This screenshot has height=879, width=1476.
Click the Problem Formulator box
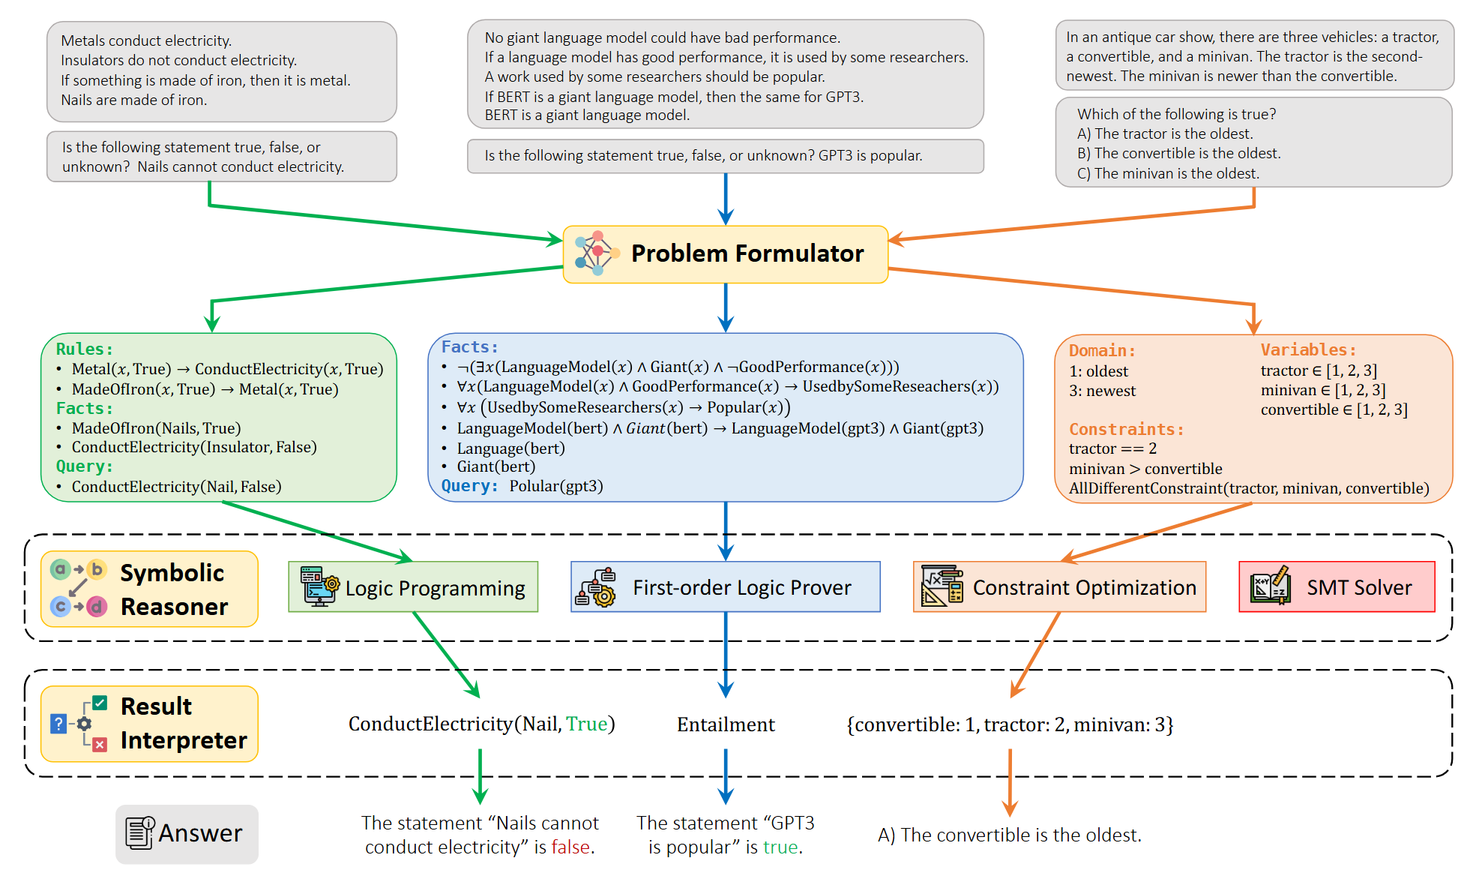tap(725, 254)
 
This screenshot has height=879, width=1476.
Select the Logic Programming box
tap(413, 587)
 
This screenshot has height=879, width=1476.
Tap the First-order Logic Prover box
tap(725, 587)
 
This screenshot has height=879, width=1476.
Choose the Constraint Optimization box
tap(1059, 587)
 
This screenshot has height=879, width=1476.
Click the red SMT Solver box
tap(1337, 587)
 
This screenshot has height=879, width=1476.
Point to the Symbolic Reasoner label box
tap(149, 589)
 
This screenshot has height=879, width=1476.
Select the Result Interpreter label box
tap(149, 724)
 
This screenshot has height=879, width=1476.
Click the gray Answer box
tap(187, 834)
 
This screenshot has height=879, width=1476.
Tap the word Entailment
tap(726, 724)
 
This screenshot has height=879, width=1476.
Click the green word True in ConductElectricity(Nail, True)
tap(586, 724)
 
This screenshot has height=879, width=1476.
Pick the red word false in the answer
tap(570, 847)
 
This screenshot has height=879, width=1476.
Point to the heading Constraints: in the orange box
tap(1126, 429)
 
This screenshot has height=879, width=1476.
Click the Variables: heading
tap(1308, 349)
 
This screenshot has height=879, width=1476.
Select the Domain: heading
tap(1102, 350)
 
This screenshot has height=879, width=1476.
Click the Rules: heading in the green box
tap(84, 349)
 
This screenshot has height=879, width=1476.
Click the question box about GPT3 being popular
tap(725, 156)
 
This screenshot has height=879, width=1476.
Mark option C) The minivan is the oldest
tap(1168, 173)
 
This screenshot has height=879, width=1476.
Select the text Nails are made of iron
tap(134, 100)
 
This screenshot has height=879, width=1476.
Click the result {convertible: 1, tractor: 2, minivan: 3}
tap(1010, 724)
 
